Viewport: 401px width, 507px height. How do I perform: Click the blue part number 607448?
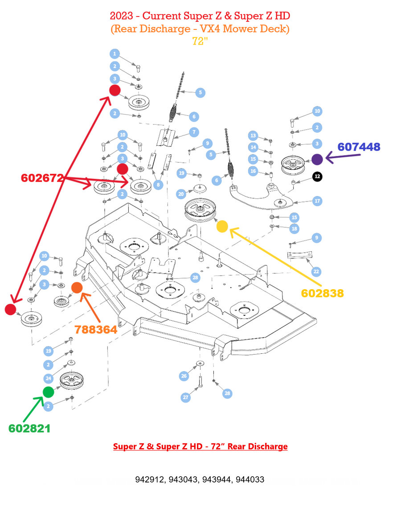tap(359, 147)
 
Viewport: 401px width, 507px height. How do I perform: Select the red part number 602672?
tap(42, 178)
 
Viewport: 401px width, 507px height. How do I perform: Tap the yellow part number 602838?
tap(322, 293)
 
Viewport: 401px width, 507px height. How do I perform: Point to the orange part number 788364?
tap(96, 330)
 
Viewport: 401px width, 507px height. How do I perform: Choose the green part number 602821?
tap(29, 429)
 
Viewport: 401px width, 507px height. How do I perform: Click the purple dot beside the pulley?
tap(317, 159)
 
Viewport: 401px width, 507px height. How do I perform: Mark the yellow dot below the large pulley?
tap(222, 226)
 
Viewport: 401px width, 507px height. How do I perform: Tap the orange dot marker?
tap(77, 287)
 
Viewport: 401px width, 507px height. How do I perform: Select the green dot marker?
tap(49, 392)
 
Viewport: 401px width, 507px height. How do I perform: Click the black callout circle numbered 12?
tap(317, 176)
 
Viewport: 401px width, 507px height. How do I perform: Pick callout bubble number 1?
tap(115, 53)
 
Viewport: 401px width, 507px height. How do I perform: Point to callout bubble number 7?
tap(194, 132)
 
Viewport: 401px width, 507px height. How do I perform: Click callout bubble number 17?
tap(317, 201)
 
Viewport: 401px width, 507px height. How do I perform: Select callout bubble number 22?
tap(316, 272)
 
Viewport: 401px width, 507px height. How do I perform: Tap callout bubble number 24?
tap(49, 378)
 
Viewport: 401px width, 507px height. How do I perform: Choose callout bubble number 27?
tap(185, 397)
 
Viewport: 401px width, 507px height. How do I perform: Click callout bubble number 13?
tap(253, 135)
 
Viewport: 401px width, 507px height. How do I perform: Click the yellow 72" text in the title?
tap(200, 41)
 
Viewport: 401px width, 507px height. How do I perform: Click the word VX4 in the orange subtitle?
tap(210, 29)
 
